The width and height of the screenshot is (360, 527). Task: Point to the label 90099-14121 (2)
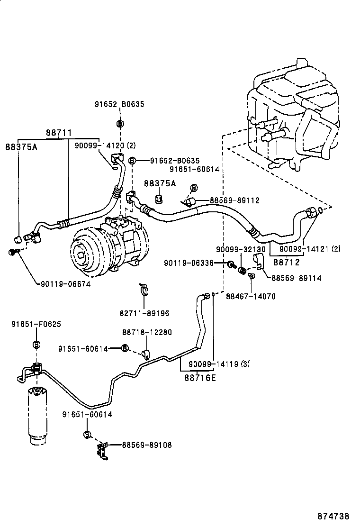click(310, 249)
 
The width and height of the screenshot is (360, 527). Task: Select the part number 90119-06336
click(189, 263)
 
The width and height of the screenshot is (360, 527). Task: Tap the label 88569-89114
click(296, 278)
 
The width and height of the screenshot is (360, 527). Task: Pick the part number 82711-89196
click(144, 313)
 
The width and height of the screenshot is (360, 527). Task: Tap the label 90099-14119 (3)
click(219, 364)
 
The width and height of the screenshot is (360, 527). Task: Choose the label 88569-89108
click(146, 445)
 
